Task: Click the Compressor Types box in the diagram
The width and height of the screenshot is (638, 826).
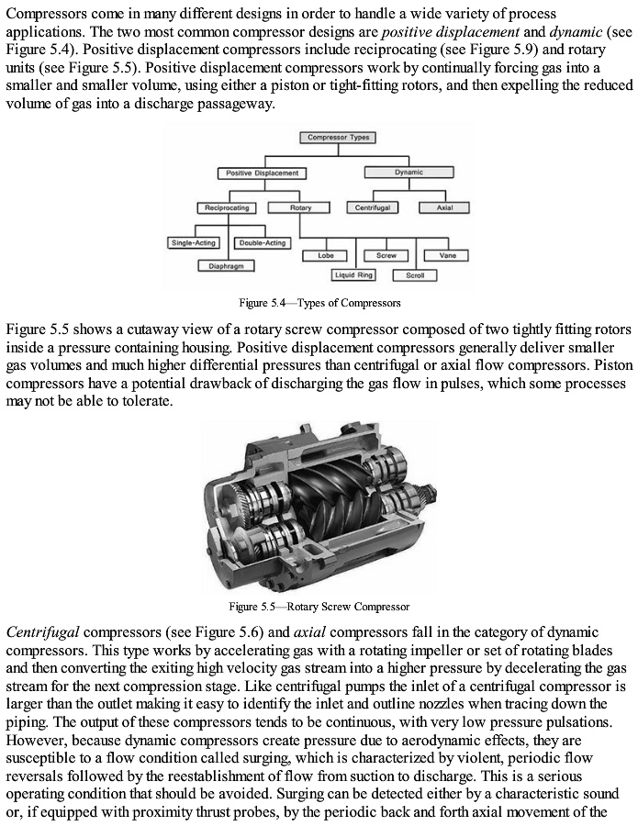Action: (x=338, y=138)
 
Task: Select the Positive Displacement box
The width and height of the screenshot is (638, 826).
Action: (x=263, y=173)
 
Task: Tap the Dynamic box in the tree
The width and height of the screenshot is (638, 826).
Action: (x=409, y=173)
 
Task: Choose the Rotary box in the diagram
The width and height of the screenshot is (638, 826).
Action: (x=301, y=208)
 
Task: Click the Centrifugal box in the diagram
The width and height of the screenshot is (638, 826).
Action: (x=373, y=208)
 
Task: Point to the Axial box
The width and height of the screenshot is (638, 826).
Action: (x=444, y=208)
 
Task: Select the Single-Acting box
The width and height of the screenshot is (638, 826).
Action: (x=194, y=243)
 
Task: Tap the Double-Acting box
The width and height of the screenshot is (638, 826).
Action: (x=263, y=243)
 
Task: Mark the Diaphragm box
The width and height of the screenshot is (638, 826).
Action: (x=226, y=265)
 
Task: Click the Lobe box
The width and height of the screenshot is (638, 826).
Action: (x=326, y=255)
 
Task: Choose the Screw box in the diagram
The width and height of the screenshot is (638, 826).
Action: (x=386, y=255)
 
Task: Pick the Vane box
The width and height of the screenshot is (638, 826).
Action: (x=448, y=255)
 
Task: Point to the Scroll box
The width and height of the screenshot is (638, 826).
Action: (x=415, y=275)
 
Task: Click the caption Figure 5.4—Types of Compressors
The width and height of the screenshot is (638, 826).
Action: (x=319, y=303)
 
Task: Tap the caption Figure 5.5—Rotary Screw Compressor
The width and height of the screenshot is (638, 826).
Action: (x=319, y=607)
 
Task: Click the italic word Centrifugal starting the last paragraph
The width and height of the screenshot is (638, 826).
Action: (x=41, y=632)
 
